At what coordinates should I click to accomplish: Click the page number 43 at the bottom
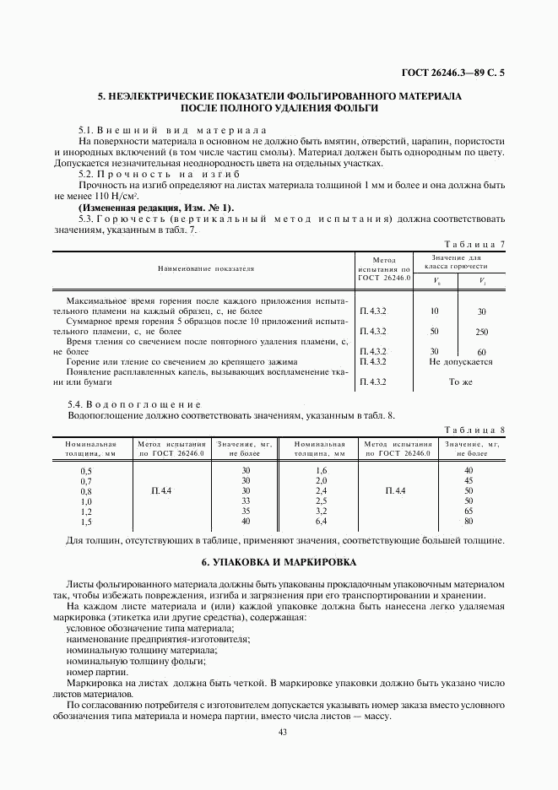tap(283, 732)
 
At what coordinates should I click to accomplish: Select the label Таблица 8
tap(474, 430)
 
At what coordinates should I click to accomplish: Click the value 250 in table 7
tap(481, 332)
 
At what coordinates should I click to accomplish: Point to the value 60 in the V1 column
tap(481, 352)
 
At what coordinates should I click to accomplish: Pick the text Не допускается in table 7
tap(460, 361)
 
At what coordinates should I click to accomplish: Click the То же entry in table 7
tap(460, 381)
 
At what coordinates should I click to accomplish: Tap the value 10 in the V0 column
tap(434, 311)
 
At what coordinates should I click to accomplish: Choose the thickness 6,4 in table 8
tap(321, 522)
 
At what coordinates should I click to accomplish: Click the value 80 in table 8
tap(469, 522)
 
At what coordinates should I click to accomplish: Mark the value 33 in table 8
tap(246, 501)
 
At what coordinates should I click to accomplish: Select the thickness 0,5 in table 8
tap(85, 470)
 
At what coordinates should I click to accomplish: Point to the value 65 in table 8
tap(469, 511)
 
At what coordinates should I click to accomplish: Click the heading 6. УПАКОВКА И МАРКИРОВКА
tap(279, 561)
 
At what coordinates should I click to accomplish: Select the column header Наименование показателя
tap(205, 268)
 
